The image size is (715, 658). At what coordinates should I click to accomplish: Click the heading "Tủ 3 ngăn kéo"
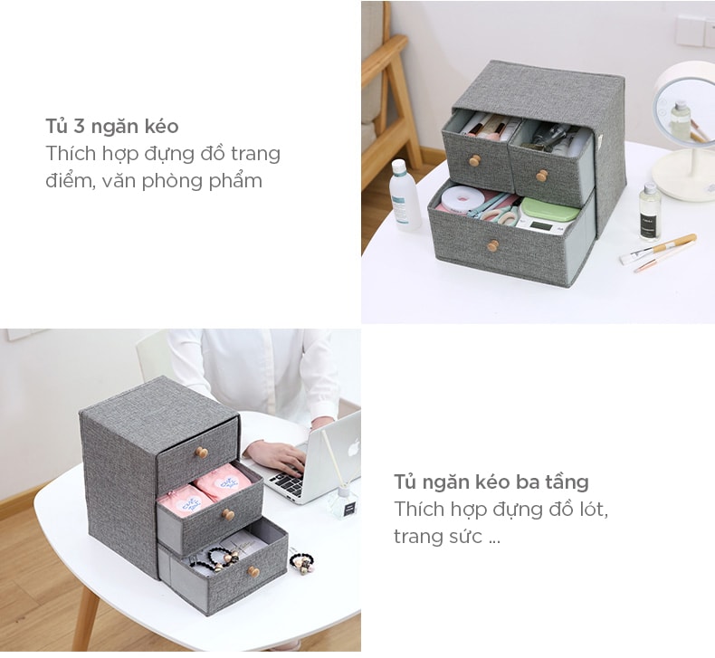tap(111, 127)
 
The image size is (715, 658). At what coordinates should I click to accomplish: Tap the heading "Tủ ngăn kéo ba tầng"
tap(491, 482)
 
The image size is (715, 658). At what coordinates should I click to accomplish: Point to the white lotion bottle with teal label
tap(405, 195)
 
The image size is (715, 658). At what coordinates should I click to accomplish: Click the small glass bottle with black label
tap(650, 211)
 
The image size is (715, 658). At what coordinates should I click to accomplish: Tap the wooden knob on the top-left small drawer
tap(475, 160)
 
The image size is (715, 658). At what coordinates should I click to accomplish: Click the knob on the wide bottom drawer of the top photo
tap(492, 246)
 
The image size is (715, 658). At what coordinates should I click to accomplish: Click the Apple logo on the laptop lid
tap(354, 447)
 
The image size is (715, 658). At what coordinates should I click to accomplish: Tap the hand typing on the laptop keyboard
tap(276, 457)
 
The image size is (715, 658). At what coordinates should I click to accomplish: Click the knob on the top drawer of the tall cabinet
tap(202, 453)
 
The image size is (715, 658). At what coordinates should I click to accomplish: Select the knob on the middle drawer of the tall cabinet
tap(228, 515)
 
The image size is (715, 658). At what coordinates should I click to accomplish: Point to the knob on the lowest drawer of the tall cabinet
tap(253, 571)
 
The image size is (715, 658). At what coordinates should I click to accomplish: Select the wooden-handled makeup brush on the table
tap(658, 249)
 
